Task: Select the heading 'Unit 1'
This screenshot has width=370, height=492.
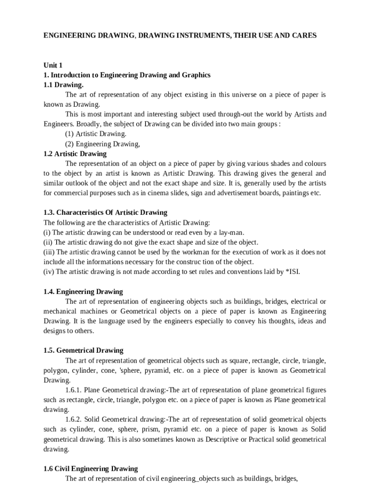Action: pos(53,65)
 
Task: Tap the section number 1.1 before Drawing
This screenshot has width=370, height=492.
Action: pos(49,85)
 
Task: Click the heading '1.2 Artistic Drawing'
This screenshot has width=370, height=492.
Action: pos(75,154)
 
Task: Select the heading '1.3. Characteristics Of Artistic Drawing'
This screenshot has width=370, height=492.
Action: pos(105,212)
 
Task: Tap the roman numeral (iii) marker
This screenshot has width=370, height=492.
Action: pos(49,252)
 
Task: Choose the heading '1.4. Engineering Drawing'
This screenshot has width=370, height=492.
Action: pos(83,292)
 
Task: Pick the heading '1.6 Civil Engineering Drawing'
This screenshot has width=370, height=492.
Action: pos(90,468)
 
